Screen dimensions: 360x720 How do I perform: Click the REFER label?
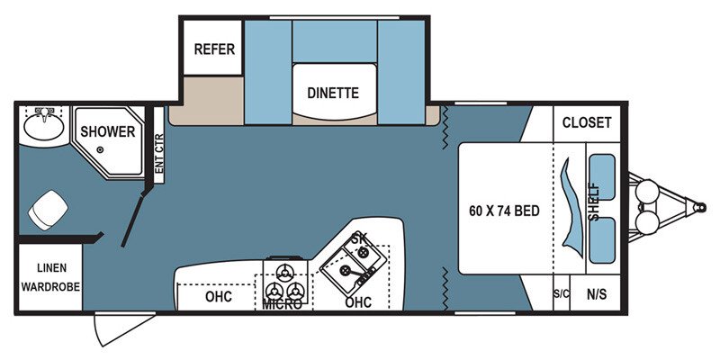pos(214,49)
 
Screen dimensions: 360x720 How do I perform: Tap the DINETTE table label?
pos(332,93)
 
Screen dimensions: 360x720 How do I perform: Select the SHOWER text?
pos(107,131)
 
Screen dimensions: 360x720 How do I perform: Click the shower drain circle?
pos(100,149)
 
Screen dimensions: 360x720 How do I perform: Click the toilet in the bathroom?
pos(47,211)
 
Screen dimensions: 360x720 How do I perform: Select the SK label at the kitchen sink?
pos(359,238)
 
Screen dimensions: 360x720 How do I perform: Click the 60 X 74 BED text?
pos(504,211)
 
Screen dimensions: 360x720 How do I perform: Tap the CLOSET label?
pos(587,122)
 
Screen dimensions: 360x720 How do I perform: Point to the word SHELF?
pos(594,202)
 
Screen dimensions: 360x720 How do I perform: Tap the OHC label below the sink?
pos(358,302)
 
